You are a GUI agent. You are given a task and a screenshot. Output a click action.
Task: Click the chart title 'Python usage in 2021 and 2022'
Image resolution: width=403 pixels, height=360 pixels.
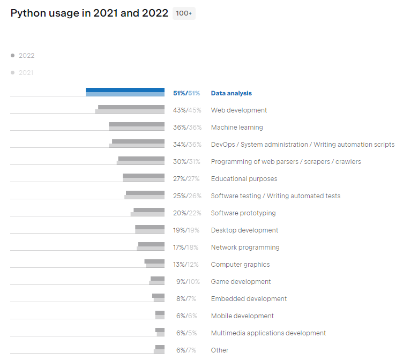[x=89, y=13]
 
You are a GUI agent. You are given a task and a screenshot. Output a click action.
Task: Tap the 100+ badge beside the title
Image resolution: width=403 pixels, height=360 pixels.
[x=184, y=13]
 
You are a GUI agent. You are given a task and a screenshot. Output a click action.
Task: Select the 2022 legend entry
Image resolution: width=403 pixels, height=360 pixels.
[x=23, y=56]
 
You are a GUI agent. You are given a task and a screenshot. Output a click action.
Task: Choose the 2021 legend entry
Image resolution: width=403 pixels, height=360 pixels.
[x=22, y=73]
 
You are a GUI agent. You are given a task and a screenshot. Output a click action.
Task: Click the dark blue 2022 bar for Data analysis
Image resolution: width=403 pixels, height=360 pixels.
[x=125, y=90]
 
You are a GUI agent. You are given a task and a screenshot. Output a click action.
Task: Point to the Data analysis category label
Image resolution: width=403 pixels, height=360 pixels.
[x=232, y=93]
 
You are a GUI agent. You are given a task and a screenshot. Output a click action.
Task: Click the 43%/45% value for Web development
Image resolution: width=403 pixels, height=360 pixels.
[x=187, y=110]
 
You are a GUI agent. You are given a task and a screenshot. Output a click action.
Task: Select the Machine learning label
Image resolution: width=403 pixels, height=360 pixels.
[x=237, y=127]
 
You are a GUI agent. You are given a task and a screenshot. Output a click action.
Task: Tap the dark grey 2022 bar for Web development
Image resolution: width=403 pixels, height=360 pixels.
[x=131, y=107]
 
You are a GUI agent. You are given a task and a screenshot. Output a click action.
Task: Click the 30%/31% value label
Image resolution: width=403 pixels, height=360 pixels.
[x=186, y=162]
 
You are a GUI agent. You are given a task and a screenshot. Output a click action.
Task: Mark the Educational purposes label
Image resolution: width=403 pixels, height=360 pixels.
[x=244, y=179]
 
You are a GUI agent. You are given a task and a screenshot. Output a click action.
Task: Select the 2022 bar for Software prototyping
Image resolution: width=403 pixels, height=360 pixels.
[x=149, y=210]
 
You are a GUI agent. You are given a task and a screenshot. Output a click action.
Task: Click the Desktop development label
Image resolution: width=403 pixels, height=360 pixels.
[x=245, y=230]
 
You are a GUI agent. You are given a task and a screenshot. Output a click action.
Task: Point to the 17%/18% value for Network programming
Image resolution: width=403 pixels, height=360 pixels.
[x=185, y=247]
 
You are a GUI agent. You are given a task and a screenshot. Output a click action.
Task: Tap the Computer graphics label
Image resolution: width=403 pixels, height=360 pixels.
[x=240, y=265]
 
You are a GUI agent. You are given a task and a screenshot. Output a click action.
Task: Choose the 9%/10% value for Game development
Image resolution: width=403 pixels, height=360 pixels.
[x=188, y=282]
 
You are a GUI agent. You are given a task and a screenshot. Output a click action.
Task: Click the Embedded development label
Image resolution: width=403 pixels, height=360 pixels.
[x=249, y=299]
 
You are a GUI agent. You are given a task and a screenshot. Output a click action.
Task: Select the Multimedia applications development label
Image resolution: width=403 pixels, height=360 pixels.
[x=268, y=333]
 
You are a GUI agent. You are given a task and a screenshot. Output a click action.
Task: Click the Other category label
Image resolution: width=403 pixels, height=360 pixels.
[x=220, y=350]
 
